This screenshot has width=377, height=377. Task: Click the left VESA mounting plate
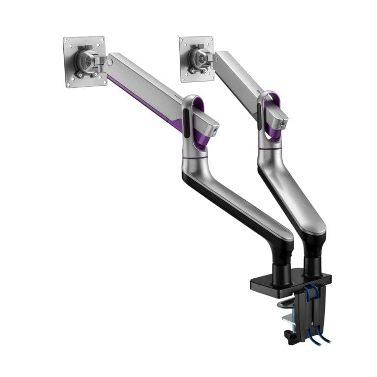tap(74, 74)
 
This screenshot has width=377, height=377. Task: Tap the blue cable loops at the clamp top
tap(312, 295)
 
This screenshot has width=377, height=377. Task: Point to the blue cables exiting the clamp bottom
tap(317, 336)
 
